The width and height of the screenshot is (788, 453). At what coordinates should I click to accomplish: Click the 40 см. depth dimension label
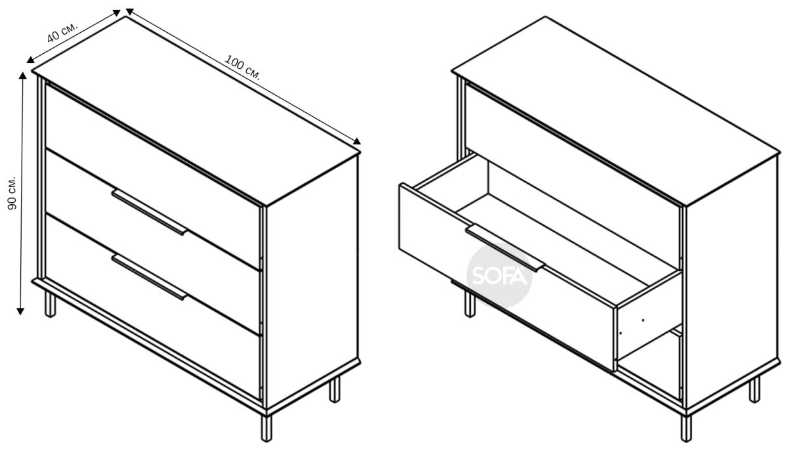click(x=62, y=33)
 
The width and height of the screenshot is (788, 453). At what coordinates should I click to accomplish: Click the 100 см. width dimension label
click(x=243, y=67)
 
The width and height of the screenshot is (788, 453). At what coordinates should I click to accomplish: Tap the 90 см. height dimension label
click(x=12, y=193)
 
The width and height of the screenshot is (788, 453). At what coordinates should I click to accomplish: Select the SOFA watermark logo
click(x=499, y=276)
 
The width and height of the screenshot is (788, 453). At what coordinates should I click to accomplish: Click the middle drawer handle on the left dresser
click(x=149, y=212)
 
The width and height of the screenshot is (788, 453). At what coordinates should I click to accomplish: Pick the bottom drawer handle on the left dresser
click(x=149, y=277)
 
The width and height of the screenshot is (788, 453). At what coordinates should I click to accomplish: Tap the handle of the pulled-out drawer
click(x=505, y=249)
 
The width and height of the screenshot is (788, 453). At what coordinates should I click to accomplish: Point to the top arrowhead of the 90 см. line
click(x=23, y=75)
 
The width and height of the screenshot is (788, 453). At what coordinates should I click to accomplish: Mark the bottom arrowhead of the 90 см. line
click(x=20, y=311)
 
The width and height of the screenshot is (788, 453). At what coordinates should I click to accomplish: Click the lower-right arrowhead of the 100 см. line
click(x=357, y=141)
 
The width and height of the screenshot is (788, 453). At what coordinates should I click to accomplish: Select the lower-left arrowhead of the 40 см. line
click(x=30, y=60)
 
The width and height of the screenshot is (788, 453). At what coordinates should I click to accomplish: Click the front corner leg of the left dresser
click(x=267, y=427)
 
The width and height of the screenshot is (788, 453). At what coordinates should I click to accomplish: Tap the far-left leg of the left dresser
click(x=51, y=304)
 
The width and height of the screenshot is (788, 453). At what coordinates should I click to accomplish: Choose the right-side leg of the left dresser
click(x=334, y=389)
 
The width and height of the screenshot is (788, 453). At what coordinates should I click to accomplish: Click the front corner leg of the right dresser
click(x=686, y=428)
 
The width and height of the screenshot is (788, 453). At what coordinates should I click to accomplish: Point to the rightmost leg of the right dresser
click(x=755, y=389)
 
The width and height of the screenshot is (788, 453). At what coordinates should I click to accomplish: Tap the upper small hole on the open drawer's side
click(x=643, y=320)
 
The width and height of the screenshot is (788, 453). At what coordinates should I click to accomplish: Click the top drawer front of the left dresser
click(x=153, y=176)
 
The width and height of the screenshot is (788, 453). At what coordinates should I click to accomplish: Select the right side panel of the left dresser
click(x=313, y=282)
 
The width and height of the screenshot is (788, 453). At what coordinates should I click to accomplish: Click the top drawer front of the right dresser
click(x=573, y=176)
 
